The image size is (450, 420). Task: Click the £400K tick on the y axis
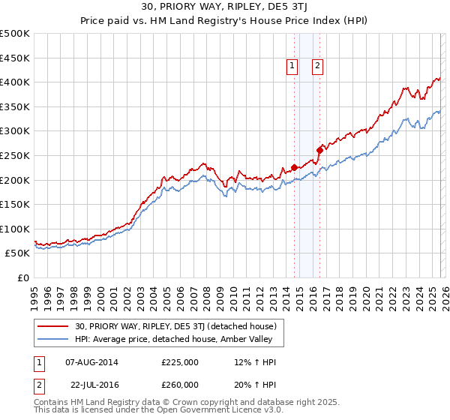coord(15,82)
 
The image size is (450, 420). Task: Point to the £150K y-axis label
coord(15,204)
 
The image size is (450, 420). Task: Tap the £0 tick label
coord(22,277)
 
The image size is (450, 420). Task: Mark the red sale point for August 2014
coord(294,167)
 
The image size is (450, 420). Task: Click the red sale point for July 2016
coord(319,150)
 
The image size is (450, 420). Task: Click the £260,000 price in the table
coord(180,384)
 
